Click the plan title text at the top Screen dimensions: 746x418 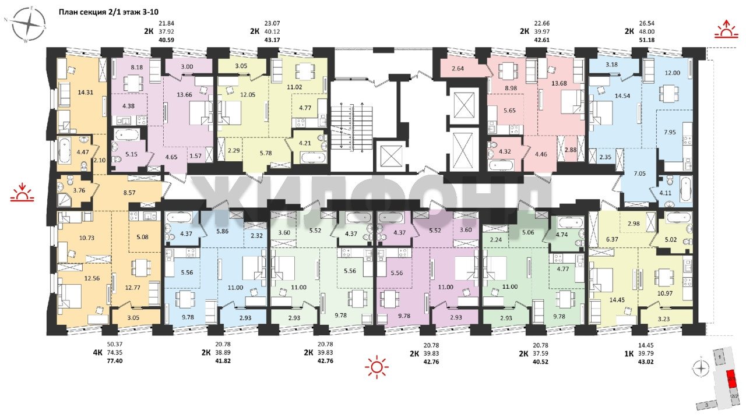click(x=108, y=12)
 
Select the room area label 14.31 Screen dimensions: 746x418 click(x=85, y=93)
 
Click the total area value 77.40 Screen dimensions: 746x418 click(x=115, y=361)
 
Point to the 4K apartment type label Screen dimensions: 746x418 click(x=97, y=353)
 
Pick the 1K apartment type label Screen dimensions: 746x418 click(x=629, y=353)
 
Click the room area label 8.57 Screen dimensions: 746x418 click(x=129, y=192)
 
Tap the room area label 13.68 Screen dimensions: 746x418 click(x=559, y=83)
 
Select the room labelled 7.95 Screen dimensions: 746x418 click(x=670, y=132)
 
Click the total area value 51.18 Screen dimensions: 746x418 click(x=647, y=40)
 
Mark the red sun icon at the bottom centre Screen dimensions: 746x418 click(x=376, y=367)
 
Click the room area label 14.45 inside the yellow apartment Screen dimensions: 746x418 click(x=617, y=300)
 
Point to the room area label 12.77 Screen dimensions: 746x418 click(x=132, y=288)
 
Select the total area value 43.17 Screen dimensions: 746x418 click(x=272, y=40)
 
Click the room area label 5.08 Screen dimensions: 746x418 click(x=143, y=237)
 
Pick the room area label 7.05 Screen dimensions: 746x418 click(x=639, y=173)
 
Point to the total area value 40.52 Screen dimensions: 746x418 click(x=540, y=362)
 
